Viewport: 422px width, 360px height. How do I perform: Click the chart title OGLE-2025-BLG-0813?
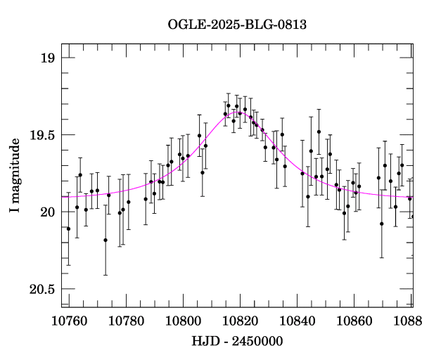237,25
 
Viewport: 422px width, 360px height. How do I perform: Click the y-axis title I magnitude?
15,176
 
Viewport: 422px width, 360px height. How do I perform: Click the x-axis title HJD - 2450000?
237,342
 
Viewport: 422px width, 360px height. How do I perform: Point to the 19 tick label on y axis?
46,58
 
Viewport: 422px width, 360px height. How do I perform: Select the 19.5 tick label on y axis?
40,135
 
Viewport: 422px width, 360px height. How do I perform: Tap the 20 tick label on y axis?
46,212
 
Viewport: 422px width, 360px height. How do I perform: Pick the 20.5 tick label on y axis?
40,289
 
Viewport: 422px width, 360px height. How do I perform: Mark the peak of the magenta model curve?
235,111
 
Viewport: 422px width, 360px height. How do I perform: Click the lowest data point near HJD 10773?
105,240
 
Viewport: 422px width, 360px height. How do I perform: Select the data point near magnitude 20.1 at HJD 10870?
382,224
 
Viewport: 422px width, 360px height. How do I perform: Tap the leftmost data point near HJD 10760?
68,229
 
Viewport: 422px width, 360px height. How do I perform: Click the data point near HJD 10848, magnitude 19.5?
319,131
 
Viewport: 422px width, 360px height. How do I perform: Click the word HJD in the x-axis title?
204,342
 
